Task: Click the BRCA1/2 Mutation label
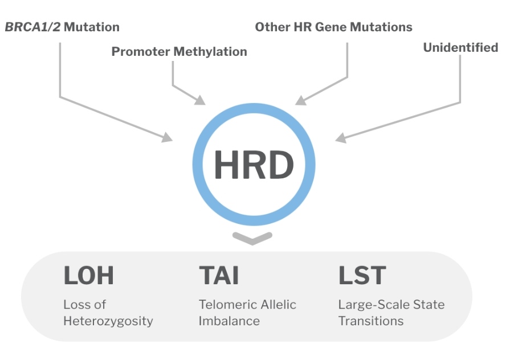click(x=62, y=27)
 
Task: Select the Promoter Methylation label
click(x=179, y=52)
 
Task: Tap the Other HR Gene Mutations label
click(x=333, y=27)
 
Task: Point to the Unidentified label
click(x=460, y=48)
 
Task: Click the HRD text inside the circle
click(x=254, y=165)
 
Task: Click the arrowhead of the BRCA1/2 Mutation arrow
click(x=168, y=137)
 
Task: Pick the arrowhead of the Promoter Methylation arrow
click(x=200, y=100)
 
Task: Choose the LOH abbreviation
click(x=88, y=276)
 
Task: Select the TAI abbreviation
click(x=219, y=276)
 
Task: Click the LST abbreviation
click(x=362, y=276)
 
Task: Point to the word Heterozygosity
click(x=108, y=321)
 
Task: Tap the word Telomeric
click(x=223, y=304)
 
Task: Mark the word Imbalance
click(x=229, y=321)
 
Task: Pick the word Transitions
click(x=371, y=321)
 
